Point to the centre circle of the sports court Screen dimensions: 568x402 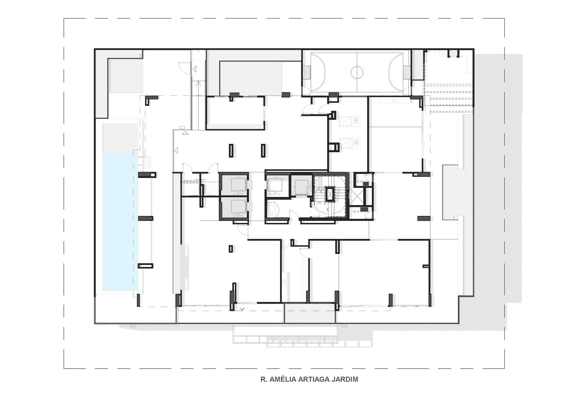point(357,72)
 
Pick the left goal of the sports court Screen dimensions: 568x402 point(307,72)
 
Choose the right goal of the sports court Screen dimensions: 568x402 point(407,72)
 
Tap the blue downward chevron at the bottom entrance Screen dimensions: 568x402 point(242,309)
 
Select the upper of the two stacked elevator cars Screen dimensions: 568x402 point(238,184)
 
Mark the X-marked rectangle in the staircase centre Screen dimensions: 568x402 point(330,195)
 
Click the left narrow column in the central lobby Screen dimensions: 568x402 point(231,151)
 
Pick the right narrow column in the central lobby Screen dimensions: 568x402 point(263,151)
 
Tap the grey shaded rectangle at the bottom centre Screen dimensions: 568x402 point(310,313)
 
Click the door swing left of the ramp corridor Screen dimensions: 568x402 point(185,68)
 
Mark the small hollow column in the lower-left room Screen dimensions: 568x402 point(231,249)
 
